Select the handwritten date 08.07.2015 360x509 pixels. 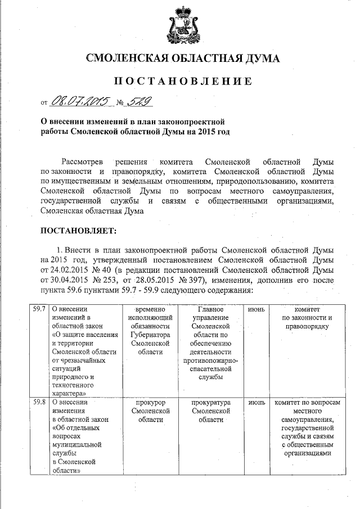[x=80, y=101]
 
